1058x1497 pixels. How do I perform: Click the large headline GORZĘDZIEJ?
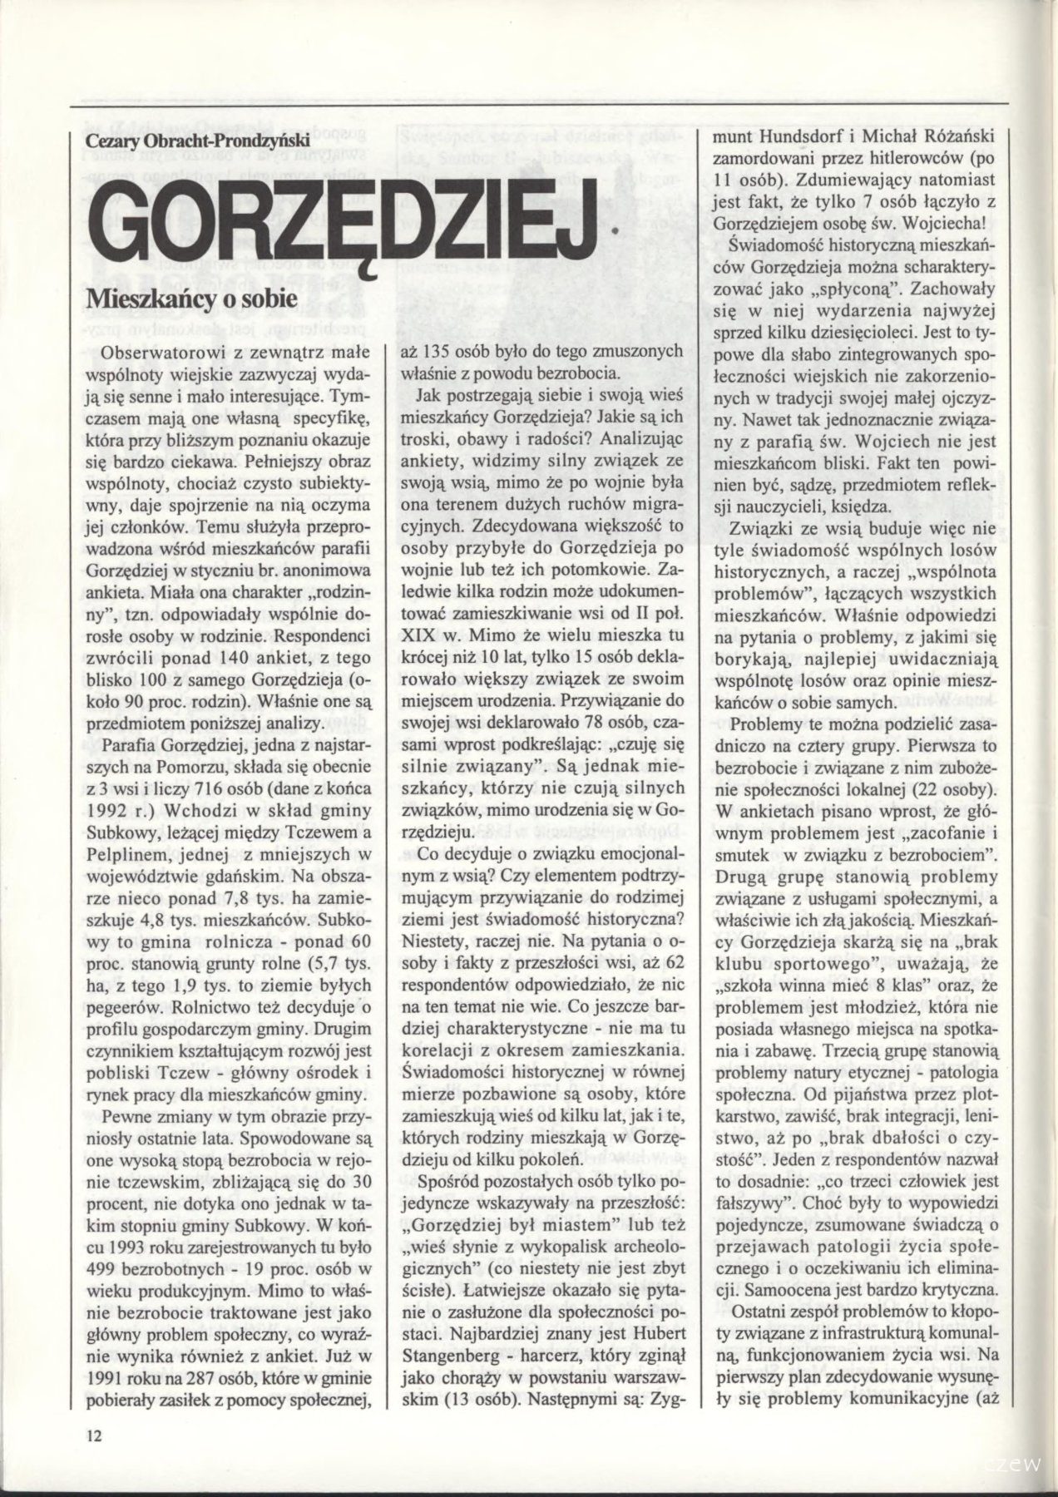tap(341, 220)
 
